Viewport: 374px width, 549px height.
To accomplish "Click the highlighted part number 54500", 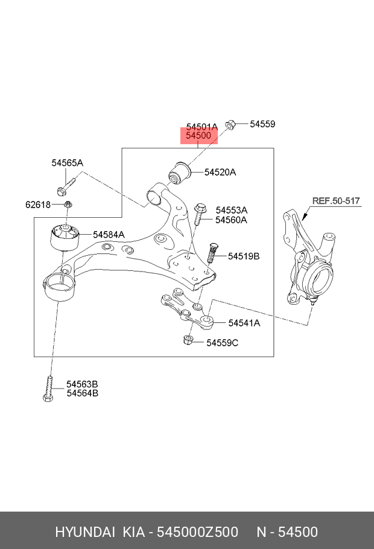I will (x=198, y=136).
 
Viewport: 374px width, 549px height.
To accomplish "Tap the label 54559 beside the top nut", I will (x=262, y=124).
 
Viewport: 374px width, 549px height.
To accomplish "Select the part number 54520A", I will (x=220, y=173).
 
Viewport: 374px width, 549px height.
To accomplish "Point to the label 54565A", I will (x=67, y=163).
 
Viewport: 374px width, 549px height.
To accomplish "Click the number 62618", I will (x=38, y=205).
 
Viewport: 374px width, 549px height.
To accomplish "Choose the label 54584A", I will (x=109, y=234).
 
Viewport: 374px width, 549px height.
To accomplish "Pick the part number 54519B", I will (x=244, y=256).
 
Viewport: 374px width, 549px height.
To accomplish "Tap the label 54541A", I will (x=244, y=323).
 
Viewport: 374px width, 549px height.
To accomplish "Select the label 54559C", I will (x=223, y=343).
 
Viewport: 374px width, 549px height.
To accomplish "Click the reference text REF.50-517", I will (x=335, y=201).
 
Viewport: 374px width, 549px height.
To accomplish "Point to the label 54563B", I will (x=82, y=384).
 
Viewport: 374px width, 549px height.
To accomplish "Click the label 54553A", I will (x=232, y=210).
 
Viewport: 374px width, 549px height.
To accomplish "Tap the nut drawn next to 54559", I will (x=229, y=124).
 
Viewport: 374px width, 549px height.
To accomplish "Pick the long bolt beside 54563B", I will (x=48, y=388).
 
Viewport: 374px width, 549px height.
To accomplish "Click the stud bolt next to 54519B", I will (x=212, y=252).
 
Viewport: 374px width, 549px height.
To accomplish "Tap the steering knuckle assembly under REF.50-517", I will (x=308, y=259).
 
